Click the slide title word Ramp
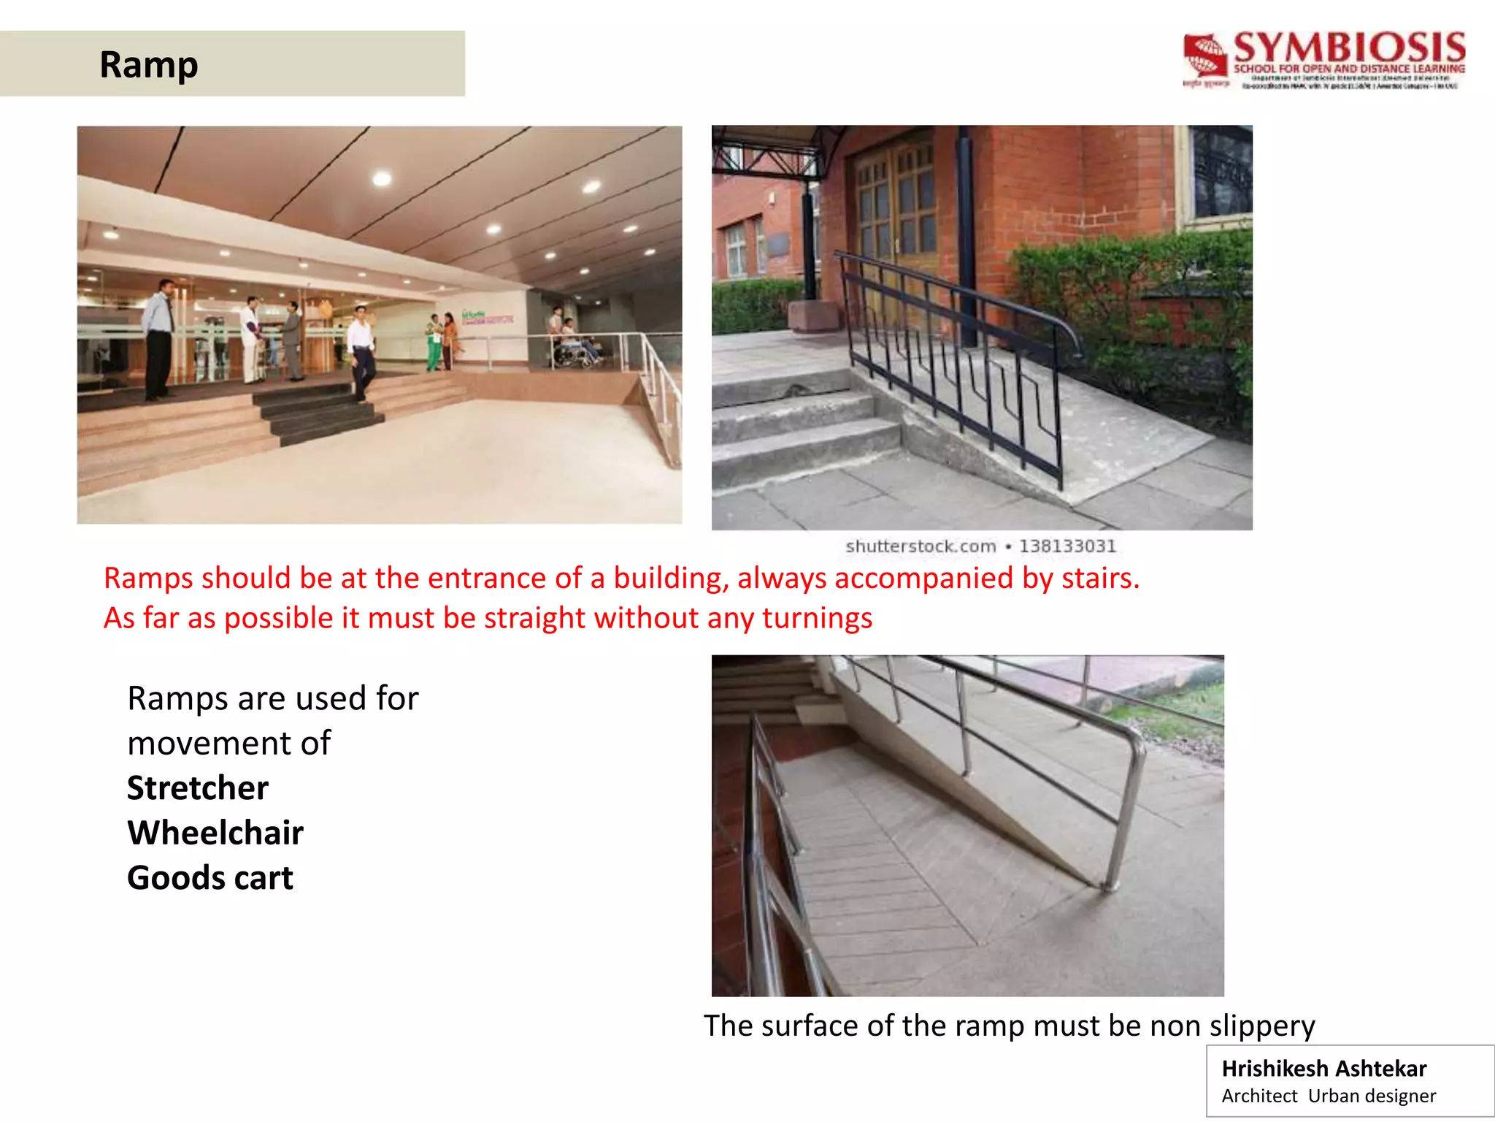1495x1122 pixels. coord(148,65)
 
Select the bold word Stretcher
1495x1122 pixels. coord(198,788)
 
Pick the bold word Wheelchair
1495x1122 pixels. coord(215,833)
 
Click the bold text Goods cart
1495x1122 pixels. coord(210,878)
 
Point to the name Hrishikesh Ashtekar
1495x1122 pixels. coord(1323,1069)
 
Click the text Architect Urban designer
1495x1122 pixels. coord(1329,1096)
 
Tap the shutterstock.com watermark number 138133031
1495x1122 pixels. coord(1067,546)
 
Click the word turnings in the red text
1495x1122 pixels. coord(817,619)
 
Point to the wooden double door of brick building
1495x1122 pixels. coord(896,212)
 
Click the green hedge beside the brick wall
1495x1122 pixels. coord(1139,307)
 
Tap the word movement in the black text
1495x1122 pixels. coord(228,744)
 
